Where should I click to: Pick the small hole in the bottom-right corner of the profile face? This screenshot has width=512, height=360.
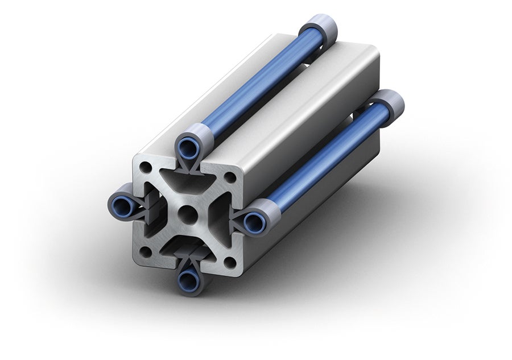click(x=229, y=262)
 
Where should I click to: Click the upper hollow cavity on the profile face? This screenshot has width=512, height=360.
click(x=188, y=181)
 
